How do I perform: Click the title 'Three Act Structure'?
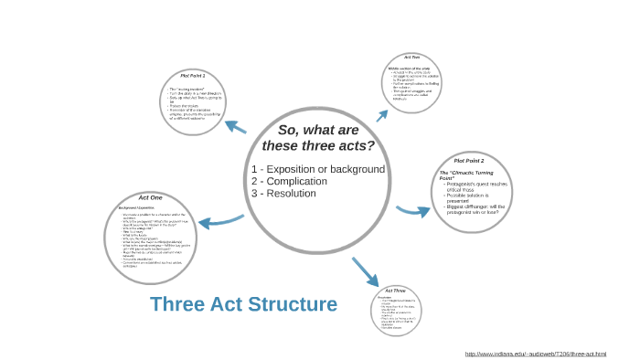(x=243, y=304)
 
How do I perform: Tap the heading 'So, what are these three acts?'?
(x=318, y=138)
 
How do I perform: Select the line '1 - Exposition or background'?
(x=318, y=169)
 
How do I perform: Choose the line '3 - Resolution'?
(x=284, y=193)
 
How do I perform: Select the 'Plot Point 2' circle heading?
(x=468, y=160)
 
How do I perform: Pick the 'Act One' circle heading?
(x=150, y=197)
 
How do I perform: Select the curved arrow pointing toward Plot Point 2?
(x=412, y=211)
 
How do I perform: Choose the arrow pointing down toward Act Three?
(x=365, y=271)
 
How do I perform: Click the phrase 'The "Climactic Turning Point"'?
(x=466, y=175)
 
